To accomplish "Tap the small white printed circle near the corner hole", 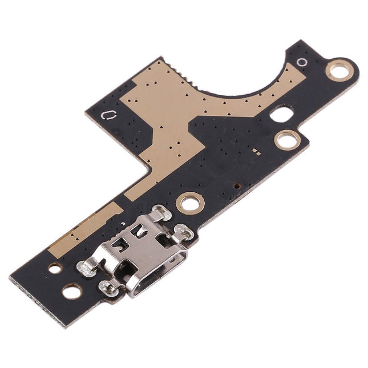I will coord(302,62).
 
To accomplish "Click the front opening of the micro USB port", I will coord(153,281).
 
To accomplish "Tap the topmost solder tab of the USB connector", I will coord(160,213).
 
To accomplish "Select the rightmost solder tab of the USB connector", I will coord(182,231).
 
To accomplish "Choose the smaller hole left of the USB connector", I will coord(55,268).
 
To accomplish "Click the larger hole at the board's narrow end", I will coord(70,292).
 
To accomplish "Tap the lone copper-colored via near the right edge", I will coord(236,185).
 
